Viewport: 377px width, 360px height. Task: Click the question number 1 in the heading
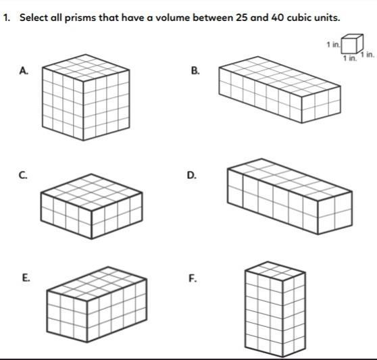coord(6,18)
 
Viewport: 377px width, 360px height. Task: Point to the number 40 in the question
coord(277,18)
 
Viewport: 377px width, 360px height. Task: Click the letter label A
coord(24,71)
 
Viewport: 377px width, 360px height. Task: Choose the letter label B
coord(195,71)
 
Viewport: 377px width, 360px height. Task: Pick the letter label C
coord(23,175)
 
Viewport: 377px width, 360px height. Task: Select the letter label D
coord(192,175)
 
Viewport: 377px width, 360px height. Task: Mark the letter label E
coord(26,278)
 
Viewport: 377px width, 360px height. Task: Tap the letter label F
coord(193,278)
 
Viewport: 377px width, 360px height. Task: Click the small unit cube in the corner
coord(352,44)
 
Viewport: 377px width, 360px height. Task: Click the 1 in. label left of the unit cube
coord(333,45)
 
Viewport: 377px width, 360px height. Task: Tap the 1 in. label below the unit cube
coord(350,58)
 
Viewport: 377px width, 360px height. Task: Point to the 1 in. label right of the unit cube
coord(367,55)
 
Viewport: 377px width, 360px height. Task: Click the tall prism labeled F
coord(275,309)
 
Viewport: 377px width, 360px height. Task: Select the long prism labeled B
coord(280,90)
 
